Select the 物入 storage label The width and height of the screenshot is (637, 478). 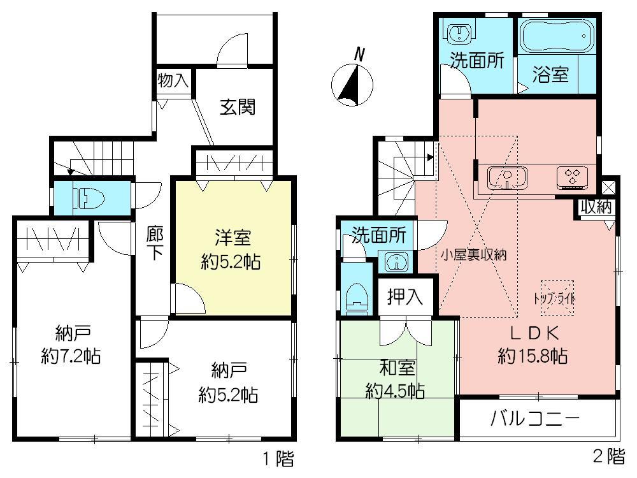tap(173, 81)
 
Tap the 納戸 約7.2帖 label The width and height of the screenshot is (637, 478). tap(69, 344)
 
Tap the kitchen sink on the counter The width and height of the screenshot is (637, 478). tap(506, 178)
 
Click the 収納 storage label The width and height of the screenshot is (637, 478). tap(596, 207)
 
